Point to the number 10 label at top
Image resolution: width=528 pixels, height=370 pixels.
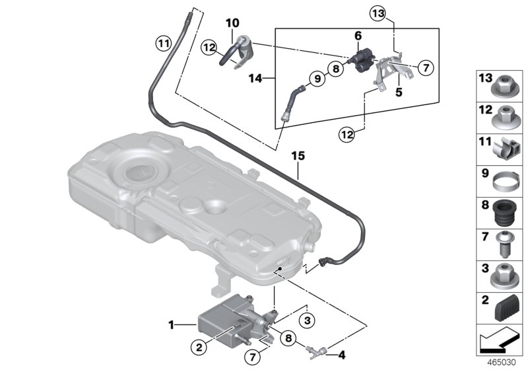pos(232,24)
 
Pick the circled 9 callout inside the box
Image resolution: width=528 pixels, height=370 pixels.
pos(317,79)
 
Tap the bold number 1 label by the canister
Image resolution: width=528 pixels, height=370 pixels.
pos(172,324)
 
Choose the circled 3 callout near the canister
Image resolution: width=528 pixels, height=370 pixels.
pos(305,320)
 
